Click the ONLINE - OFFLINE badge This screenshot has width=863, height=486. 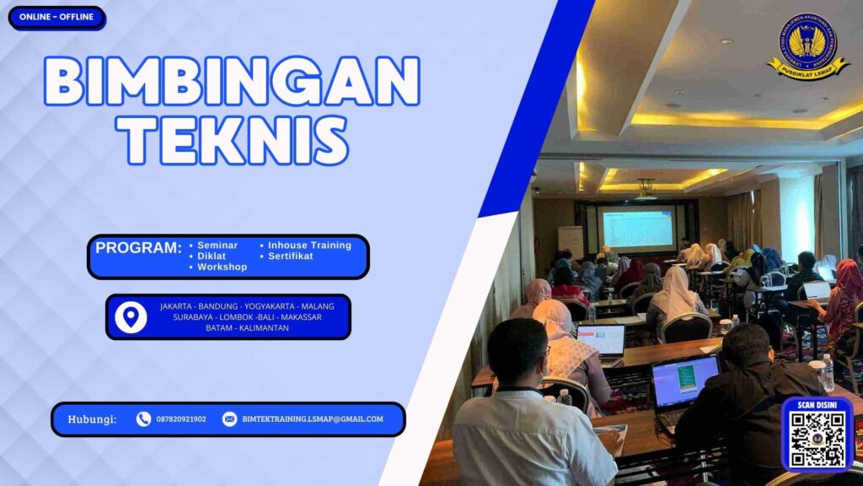click(x=56, y=17)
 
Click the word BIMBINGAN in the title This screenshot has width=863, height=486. click(x=232, y=82)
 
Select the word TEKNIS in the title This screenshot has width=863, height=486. click(x=232, y=139)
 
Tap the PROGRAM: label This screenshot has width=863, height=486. click(x=138, y=248)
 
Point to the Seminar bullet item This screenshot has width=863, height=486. click(x=217, y=246)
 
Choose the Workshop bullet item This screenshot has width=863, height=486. click(x=222, y=267)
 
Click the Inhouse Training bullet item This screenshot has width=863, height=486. click(x=308, y=246)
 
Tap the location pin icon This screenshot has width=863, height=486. click(x=131, y=316)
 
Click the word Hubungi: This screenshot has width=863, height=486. click(x=92, y=419)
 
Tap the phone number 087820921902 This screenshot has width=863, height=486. click(x=180, y=419)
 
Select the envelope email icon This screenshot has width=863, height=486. click(x=229, y=419)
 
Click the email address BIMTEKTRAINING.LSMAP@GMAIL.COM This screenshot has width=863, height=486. click(x=312, y=419)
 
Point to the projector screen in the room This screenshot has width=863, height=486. click(x=638, y=228)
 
